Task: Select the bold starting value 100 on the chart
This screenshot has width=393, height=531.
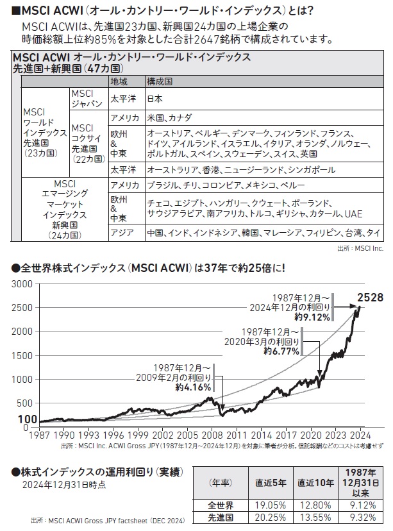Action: [28, 418]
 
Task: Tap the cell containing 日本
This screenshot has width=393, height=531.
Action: [155, 99]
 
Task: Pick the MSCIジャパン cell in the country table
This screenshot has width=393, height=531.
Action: [87, 99]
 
